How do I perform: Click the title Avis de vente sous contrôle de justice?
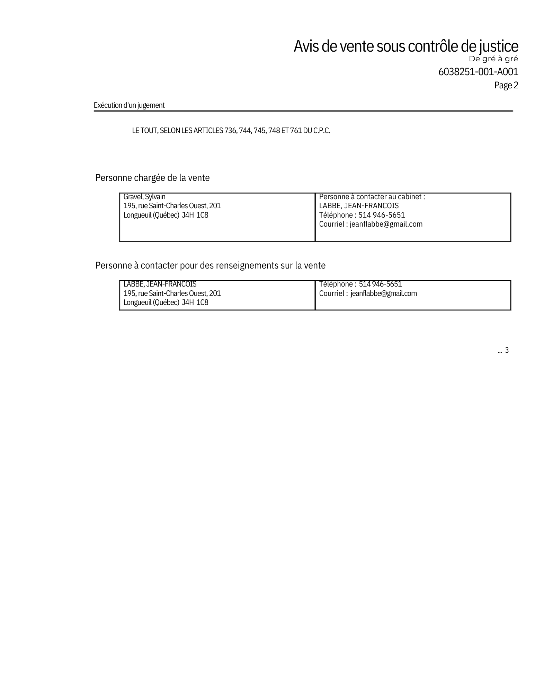(405, 46)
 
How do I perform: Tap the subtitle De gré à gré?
(493, 59)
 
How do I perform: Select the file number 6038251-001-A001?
(478, 72)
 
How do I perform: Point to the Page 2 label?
(506, 85)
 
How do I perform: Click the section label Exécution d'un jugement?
(129, 105)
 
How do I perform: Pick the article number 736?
(230, 131)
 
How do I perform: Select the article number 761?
(296, 131)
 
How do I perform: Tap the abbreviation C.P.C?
(322, 131)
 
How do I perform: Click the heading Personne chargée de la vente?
(152, 178)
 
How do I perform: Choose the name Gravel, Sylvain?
(144, 197)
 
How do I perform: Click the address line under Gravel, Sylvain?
(172, 206)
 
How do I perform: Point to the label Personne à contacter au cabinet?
(372, 197)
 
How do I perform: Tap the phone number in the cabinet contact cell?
(381, 215)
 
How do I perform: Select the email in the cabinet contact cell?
(386, 224)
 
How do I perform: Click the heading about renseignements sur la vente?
(210, 265)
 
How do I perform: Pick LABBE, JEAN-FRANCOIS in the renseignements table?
(160, 284)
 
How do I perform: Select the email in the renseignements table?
(383, 293)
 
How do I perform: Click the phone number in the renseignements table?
(380, 284)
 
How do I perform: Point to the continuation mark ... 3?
(503, 350)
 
